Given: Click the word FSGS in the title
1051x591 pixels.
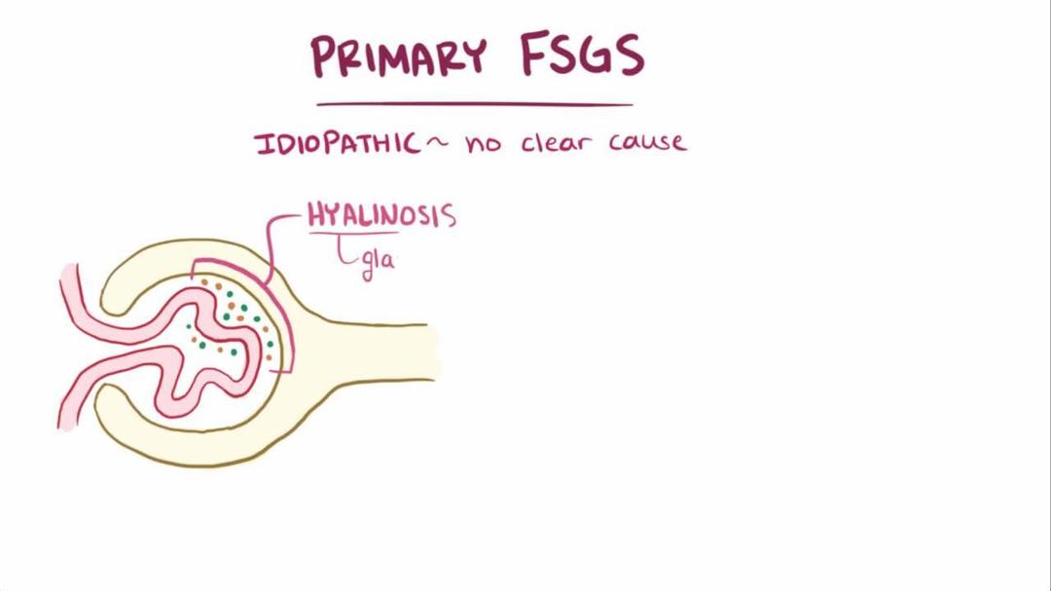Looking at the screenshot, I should click(582, 55).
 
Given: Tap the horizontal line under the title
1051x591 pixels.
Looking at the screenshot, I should click(474, 104).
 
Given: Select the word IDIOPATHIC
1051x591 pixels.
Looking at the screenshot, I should click(337, 144).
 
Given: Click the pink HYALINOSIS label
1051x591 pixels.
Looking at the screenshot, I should click(381, 215).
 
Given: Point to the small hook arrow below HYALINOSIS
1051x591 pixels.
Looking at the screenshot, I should click(345, 255).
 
